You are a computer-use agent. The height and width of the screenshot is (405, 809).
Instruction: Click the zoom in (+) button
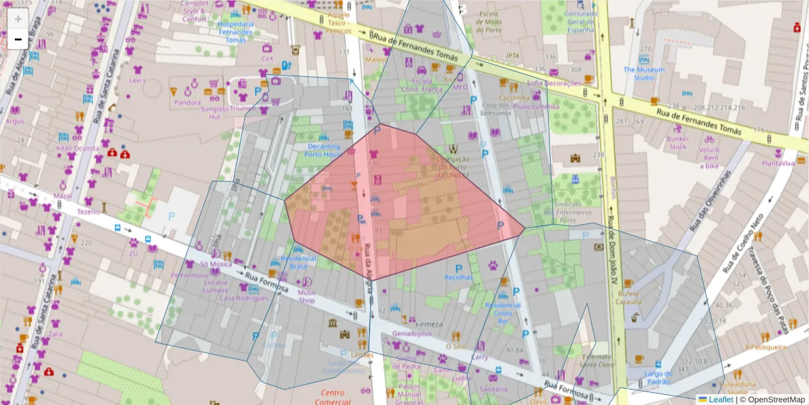[18, 19]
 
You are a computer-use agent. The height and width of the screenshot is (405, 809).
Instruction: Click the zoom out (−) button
[18, 39]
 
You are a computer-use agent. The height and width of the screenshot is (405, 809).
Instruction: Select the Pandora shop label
[187, 103]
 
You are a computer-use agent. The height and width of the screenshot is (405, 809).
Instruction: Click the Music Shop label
[307, 296]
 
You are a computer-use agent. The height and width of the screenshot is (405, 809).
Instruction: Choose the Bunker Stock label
[677, 142]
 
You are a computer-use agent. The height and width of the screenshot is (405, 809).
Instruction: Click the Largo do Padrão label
[658, 378]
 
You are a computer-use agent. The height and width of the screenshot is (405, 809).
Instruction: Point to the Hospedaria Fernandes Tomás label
[236, 32]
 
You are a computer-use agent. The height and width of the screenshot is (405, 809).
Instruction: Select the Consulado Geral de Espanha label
[581, 22]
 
